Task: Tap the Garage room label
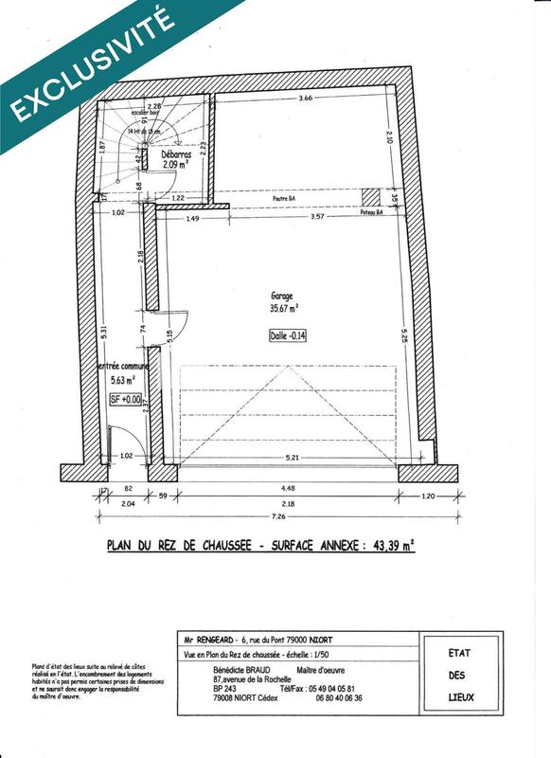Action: [282, 296]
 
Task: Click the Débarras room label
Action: [177, 153]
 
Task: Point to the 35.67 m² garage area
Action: [282, 308]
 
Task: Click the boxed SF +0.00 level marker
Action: [125, 400]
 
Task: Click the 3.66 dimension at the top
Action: [305, 99]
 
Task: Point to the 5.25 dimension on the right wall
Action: [404, 336]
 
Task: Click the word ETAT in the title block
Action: [461, 654]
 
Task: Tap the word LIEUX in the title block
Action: [461, 697]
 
